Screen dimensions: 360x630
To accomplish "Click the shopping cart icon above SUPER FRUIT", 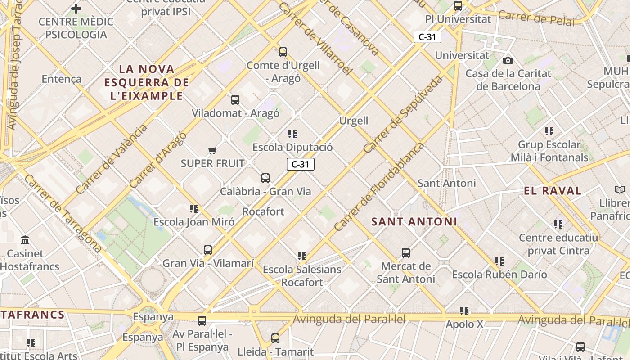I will [x=212, y=150].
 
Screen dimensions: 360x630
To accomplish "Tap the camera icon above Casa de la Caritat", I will [x=508, y=60].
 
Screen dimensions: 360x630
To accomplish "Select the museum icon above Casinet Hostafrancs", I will [x=25, y=240].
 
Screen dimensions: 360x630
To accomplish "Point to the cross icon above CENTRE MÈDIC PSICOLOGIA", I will [x=76, y=8].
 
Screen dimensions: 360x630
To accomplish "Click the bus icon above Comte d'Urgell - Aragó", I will [x=283, y=52].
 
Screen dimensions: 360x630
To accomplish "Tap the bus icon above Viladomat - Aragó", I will [x=235, y=100].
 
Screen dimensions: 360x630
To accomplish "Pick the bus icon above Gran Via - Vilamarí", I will [x=207, y=250].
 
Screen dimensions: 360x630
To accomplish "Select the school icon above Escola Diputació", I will [x=292, y=134].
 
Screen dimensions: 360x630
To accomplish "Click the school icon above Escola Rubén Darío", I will [x=499, y=261].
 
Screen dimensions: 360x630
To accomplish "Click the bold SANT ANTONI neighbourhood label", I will [x=414, y=221].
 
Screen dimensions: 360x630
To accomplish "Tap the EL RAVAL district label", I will [x=553, y=191].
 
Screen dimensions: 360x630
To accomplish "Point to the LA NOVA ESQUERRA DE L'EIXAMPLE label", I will [x=146, y=82].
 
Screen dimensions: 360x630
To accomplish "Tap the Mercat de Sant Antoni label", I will [x=405, y=273].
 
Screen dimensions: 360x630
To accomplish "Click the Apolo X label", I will [x=464, y=324].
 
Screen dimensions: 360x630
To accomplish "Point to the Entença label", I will [x=62, y=79].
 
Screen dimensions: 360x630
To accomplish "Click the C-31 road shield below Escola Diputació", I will [x=301, y=164].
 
